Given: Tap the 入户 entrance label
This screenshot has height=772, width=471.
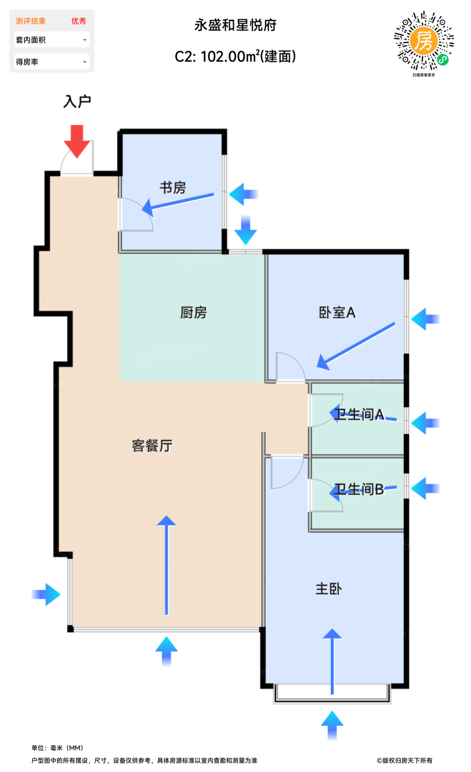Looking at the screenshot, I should [x=77, y=101].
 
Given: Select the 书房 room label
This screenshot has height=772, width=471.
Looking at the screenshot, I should [x=173, y=188].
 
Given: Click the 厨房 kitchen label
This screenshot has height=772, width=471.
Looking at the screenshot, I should [x=193, y=313].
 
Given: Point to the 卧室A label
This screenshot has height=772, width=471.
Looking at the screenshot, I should [x=338, y=313].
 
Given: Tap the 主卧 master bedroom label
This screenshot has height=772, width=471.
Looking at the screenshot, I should [x=328, y=589].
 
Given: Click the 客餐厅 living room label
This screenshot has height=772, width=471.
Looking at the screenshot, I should [x=152, y=446].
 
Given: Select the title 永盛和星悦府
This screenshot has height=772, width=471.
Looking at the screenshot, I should [x=235, y=25].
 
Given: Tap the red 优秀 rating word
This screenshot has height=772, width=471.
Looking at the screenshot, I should [x=79, y=21].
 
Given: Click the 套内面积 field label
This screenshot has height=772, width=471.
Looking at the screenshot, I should [x=31, y=40].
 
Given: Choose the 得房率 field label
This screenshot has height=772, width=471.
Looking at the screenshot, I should [x=27, y=62].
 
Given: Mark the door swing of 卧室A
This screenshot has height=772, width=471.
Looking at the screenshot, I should [x=290, y=366].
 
